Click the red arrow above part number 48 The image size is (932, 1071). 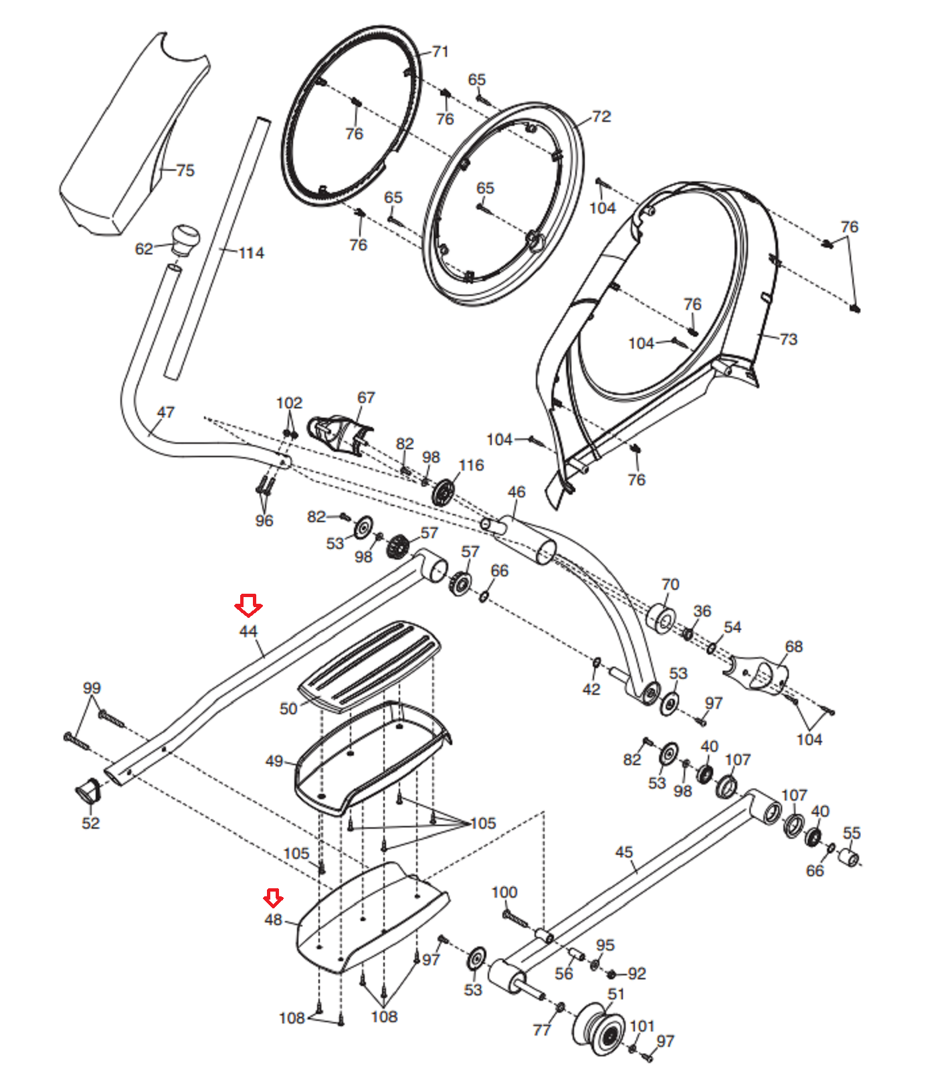[x=273, y=898]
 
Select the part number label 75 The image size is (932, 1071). [x=185, y=171]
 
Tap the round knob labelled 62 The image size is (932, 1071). [x=186, y=240]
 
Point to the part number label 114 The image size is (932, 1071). [x=251, y=253]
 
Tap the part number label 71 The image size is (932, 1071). [x=440, y=52]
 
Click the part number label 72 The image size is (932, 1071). [x=601, y=116]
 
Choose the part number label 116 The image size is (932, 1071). [x=471, y=465]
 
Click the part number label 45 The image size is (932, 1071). [x=624, y=852]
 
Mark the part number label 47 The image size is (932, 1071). [x=165, y=412]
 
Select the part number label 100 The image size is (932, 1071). [x=504, y=892]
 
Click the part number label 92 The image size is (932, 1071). [x=637, y=974]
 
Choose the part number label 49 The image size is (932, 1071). [x=274, y=761]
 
